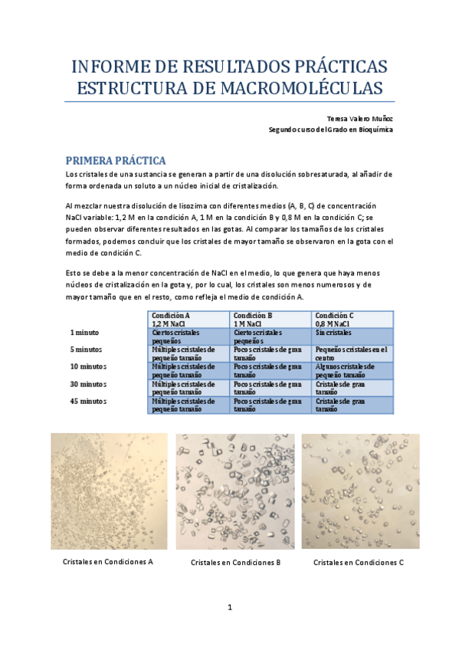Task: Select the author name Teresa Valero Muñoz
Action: [x=359, y=119]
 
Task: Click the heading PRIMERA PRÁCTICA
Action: [x=116, y=161]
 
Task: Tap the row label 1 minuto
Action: [x=85, y=333]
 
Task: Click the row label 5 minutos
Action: [x=87, y=350]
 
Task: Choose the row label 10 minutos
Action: [x=89, y=366]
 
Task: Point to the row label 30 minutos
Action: [x=89, y=383]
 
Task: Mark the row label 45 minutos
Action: [x=89, y=400]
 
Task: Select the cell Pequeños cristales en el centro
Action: [x=352, y=353]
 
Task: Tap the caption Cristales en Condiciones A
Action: [x=108, y=561]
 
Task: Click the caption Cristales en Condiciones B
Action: [x=235, y=563]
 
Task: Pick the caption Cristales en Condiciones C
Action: [x=359, y=563]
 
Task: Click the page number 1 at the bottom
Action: [x=230, y=608]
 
